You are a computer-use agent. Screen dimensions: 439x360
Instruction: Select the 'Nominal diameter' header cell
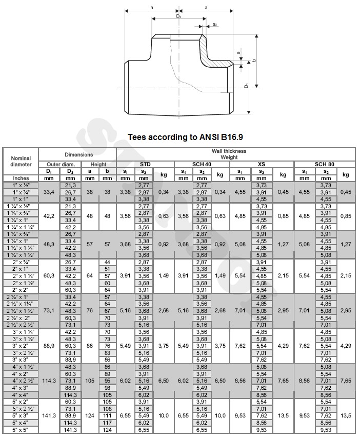[x=21, y=161]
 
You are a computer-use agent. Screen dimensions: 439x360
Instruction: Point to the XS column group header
[x=261, y=164]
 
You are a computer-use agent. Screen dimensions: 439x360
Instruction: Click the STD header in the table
[x=145, y=164]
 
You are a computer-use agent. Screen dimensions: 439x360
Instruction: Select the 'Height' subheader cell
[x=98, y=164]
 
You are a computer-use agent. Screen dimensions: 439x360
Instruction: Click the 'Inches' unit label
[x=21, y=178]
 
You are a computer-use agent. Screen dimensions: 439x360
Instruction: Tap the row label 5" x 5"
[x=21, y=430]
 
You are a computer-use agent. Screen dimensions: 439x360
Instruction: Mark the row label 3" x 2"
[x=21, y=346]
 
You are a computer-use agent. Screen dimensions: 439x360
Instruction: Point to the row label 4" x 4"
[x=21, y=395]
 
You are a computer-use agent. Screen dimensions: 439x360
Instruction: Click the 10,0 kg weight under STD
[x=164, y=416]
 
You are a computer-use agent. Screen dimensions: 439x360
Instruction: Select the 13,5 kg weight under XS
[x=283, y=416]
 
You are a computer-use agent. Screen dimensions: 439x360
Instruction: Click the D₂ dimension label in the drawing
[x=178, y=16]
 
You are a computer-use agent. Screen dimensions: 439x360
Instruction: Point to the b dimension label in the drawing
[x=255, y=61]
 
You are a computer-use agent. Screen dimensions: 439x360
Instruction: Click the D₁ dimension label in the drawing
[x=247, y=85]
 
